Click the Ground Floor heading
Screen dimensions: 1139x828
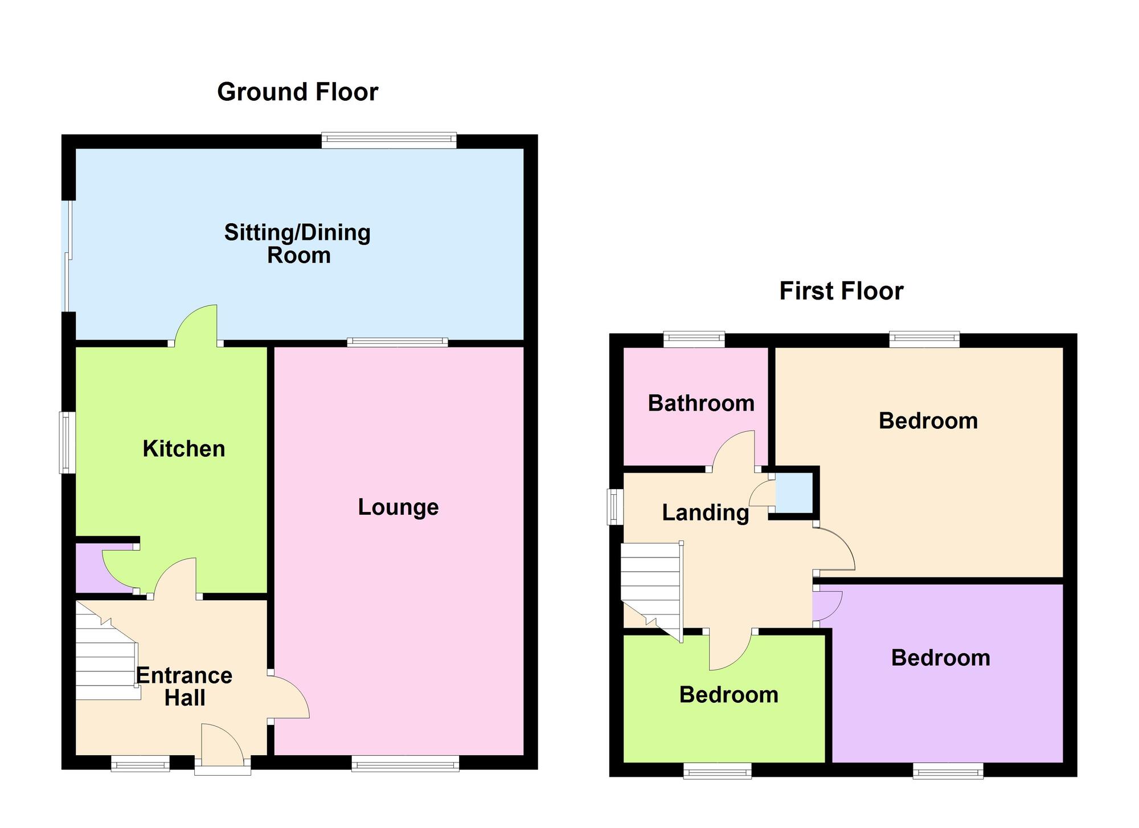(297, 92)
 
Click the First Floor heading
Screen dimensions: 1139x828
(841, 291)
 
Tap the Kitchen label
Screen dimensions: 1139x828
(183, 449)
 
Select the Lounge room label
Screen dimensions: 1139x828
(398, 507)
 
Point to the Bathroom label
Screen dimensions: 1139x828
(701, 403)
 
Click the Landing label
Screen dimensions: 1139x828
(705, 513)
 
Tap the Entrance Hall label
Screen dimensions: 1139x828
(184, 686)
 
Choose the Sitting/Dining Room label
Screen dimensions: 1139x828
(297, 244)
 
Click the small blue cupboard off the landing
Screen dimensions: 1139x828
(794, 493)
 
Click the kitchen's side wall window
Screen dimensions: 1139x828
(68, 442)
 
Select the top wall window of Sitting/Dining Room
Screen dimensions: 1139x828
(389, 140)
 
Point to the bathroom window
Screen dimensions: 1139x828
(694, 340)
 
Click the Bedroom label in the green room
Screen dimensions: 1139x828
(729, 695)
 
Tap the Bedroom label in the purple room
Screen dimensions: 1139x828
(941, 658)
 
